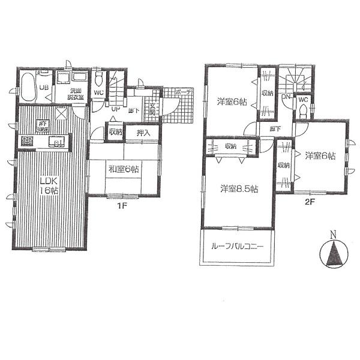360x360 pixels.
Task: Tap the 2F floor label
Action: point(310,202)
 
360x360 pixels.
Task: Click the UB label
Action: point(43,88)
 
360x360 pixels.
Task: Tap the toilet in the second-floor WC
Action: point(303,109)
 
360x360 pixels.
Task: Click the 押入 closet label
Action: point(143,133)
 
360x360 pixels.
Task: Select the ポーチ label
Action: point(182,92)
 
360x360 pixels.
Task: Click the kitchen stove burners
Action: point(28,142)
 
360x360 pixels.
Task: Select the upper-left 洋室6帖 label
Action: point(230,101)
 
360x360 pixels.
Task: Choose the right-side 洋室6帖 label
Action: point(319,157)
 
